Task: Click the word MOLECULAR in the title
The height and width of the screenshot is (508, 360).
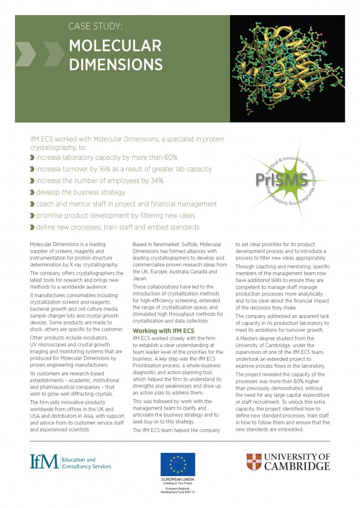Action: point(115,46)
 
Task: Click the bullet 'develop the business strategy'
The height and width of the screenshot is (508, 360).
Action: point(81,192)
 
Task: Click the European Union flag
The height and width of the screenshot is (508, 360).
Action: point(177,465)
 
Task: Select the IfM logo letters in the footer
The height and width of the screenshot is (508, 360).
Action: point(45,462)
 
